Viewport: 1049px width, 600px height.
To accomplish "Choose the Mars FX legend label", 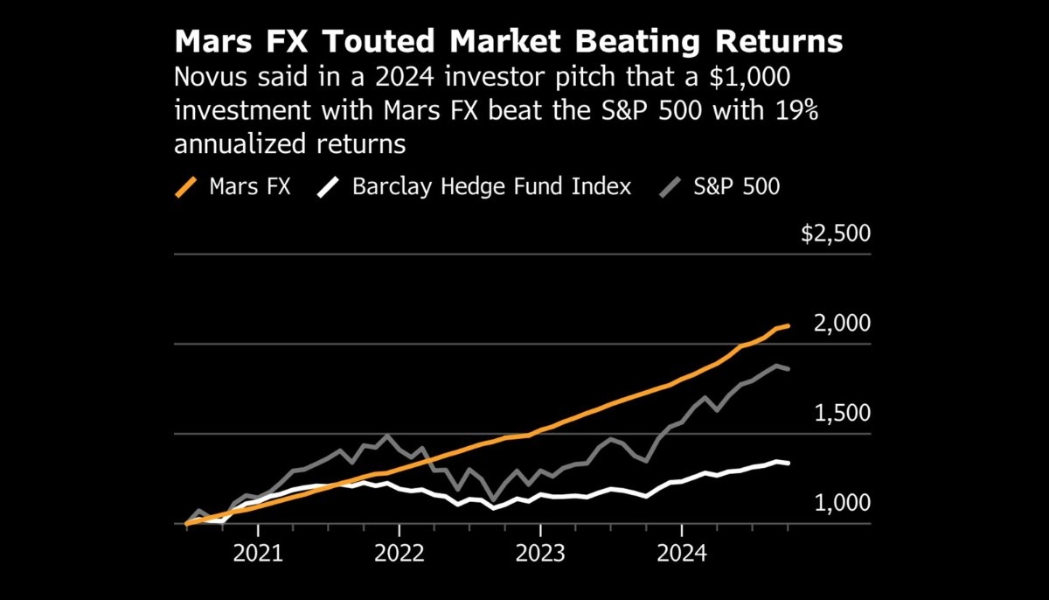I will click(249, 186).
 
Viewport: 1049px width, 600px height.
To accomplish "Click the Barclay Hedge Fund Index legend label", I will click(491, 186).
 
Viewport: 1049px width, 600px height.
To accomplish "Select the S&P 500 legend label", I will click(738, 186).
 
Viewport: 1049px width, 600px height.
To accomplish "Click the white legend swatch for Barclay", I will click(330, 186).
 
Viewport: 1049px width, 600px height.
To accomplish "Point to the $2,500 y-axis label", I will click(836, 234).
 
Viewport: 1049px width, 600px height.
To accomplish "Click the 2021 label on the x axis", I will click(259, 555).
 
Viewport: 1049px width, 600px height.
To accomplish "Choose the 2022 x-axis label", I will click(399, 555).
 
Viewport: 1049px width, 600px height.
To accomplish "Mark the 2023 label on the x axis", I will click(540, 555).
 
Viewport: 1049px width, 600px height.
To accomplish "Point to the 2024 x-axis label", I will click(682, 555).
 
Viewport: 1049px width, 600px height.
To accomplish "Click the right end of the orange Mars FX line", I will click(788, 325).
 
